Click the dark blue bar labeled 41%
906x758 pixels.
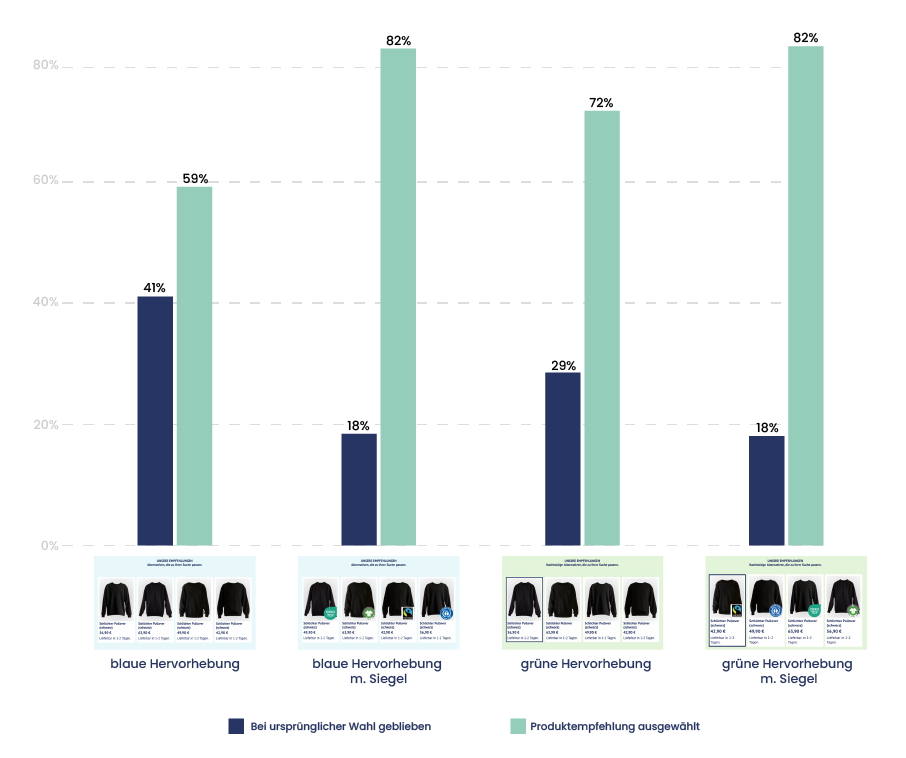(155, 420)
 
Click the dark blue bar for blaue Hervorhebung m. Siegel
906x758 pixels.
(359, 489)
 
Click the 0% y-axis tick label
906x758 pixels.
(49, 546)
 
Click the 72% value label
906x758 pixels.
(601, 103)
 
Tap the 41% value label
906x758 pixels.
(154, 288)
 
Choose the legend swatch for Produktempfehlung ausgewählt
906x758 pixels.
(518, 727)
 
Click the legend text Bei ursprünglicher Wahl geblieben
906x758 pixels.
(341, 727)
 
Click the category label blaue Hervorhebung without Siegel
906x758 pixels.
(175, 664)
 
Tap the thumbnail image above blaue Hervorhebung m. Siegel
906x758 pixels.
(378, 602)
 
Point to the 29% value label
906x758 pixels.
(563, 365)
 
